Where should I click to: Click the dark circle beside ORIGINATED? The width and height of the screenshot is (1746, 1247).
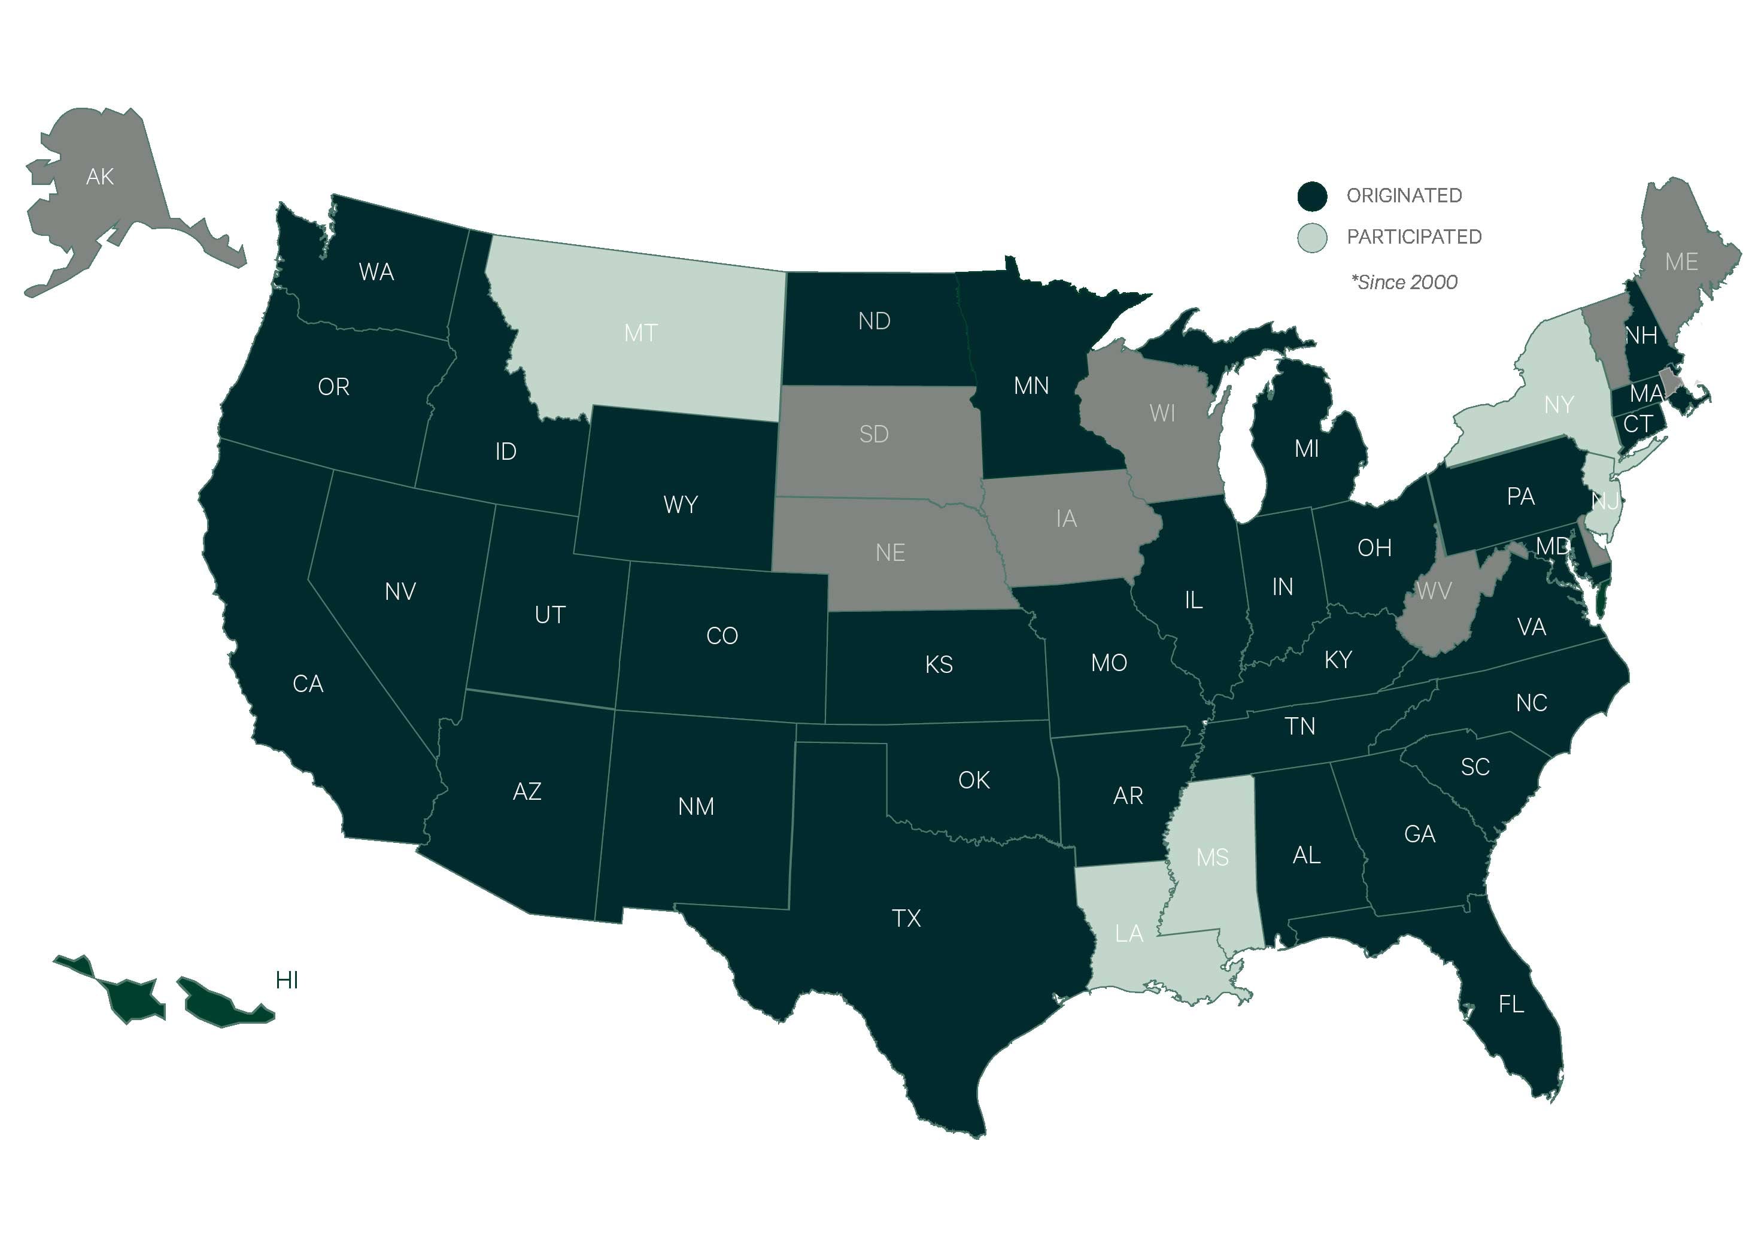click(1311, 196)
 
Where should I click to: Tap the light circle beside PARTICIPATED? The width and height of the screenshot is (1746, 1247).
click(1311, 238)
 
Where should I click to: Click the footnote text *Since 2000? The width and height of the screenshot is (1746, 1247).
click(1404, 283)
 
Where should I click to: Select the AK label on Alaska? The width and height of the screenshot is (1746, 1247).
click(100, 177)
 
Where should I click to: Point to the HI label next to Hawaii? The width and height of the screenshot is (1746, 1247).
click(286, 981)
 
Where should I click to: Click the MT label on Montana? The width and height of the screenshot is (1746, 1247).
click(640, 333)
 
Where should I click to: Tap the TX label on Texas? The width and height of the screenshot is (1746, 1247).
click(906, 918)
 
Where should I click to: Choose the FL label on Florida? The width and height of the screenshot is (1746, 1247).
click(1510, 1005)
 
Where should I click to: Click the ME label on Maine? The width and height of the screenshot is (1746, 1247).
click(1681, 263)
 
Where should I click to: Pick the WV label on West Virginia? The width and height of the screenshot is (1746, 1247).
click(1434, 591)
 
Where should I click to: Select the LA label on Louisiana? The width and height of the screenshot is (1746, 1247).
click(1129, 934)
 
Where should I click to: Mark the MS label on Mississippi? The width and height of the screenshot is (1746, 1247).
click(1212, 858)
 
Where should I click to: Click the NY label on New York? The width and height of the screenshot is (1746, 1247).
click(1559, 405)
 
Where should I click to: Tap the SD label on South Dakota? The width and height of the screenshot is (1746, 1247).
click(874, 435)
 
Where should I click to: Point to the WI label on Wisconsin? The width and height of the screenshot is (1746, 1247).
click(1162, 414)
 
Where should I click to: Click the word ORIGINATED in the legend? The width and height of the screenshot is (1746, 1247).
click(1404, 196)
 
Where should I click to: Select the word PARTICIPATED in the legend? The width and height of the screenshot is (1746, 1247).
click(1414, 237)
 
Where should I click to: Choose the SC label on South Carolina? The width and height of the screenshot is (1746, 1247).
click(1474, 767)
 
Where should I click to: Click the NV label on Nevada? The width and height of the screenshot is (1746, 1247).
click(400, 592)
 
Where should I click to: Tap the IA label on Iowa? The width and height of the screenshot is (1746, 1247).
click(1065, 519)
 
